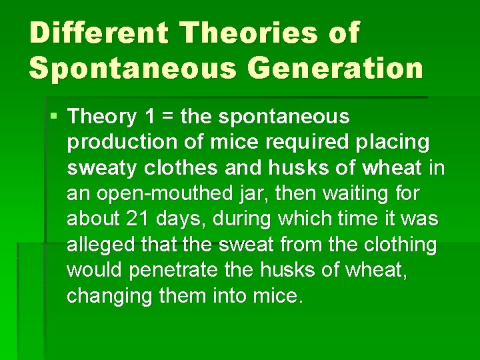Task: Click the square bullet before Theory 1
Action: (54, 117)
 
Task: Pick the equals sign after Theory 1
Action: (167, 117)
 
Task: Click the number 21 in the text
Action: (135, 219)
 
